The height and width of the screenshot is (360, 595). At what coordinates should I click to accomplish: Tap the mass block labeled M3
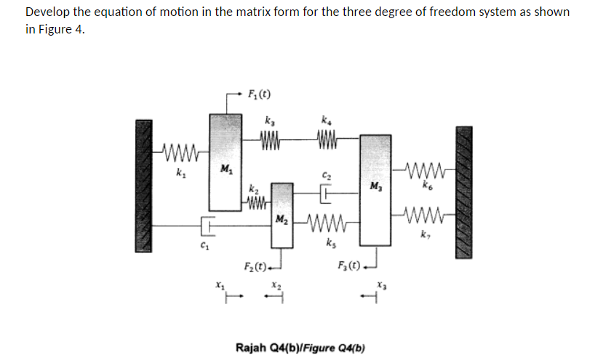[374, 189]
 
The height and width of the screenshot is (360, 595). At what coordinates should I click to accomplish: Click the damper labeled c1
[206, 226]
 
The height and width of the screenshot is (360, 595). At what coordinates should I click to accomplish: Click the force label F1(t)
[260, 94]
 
